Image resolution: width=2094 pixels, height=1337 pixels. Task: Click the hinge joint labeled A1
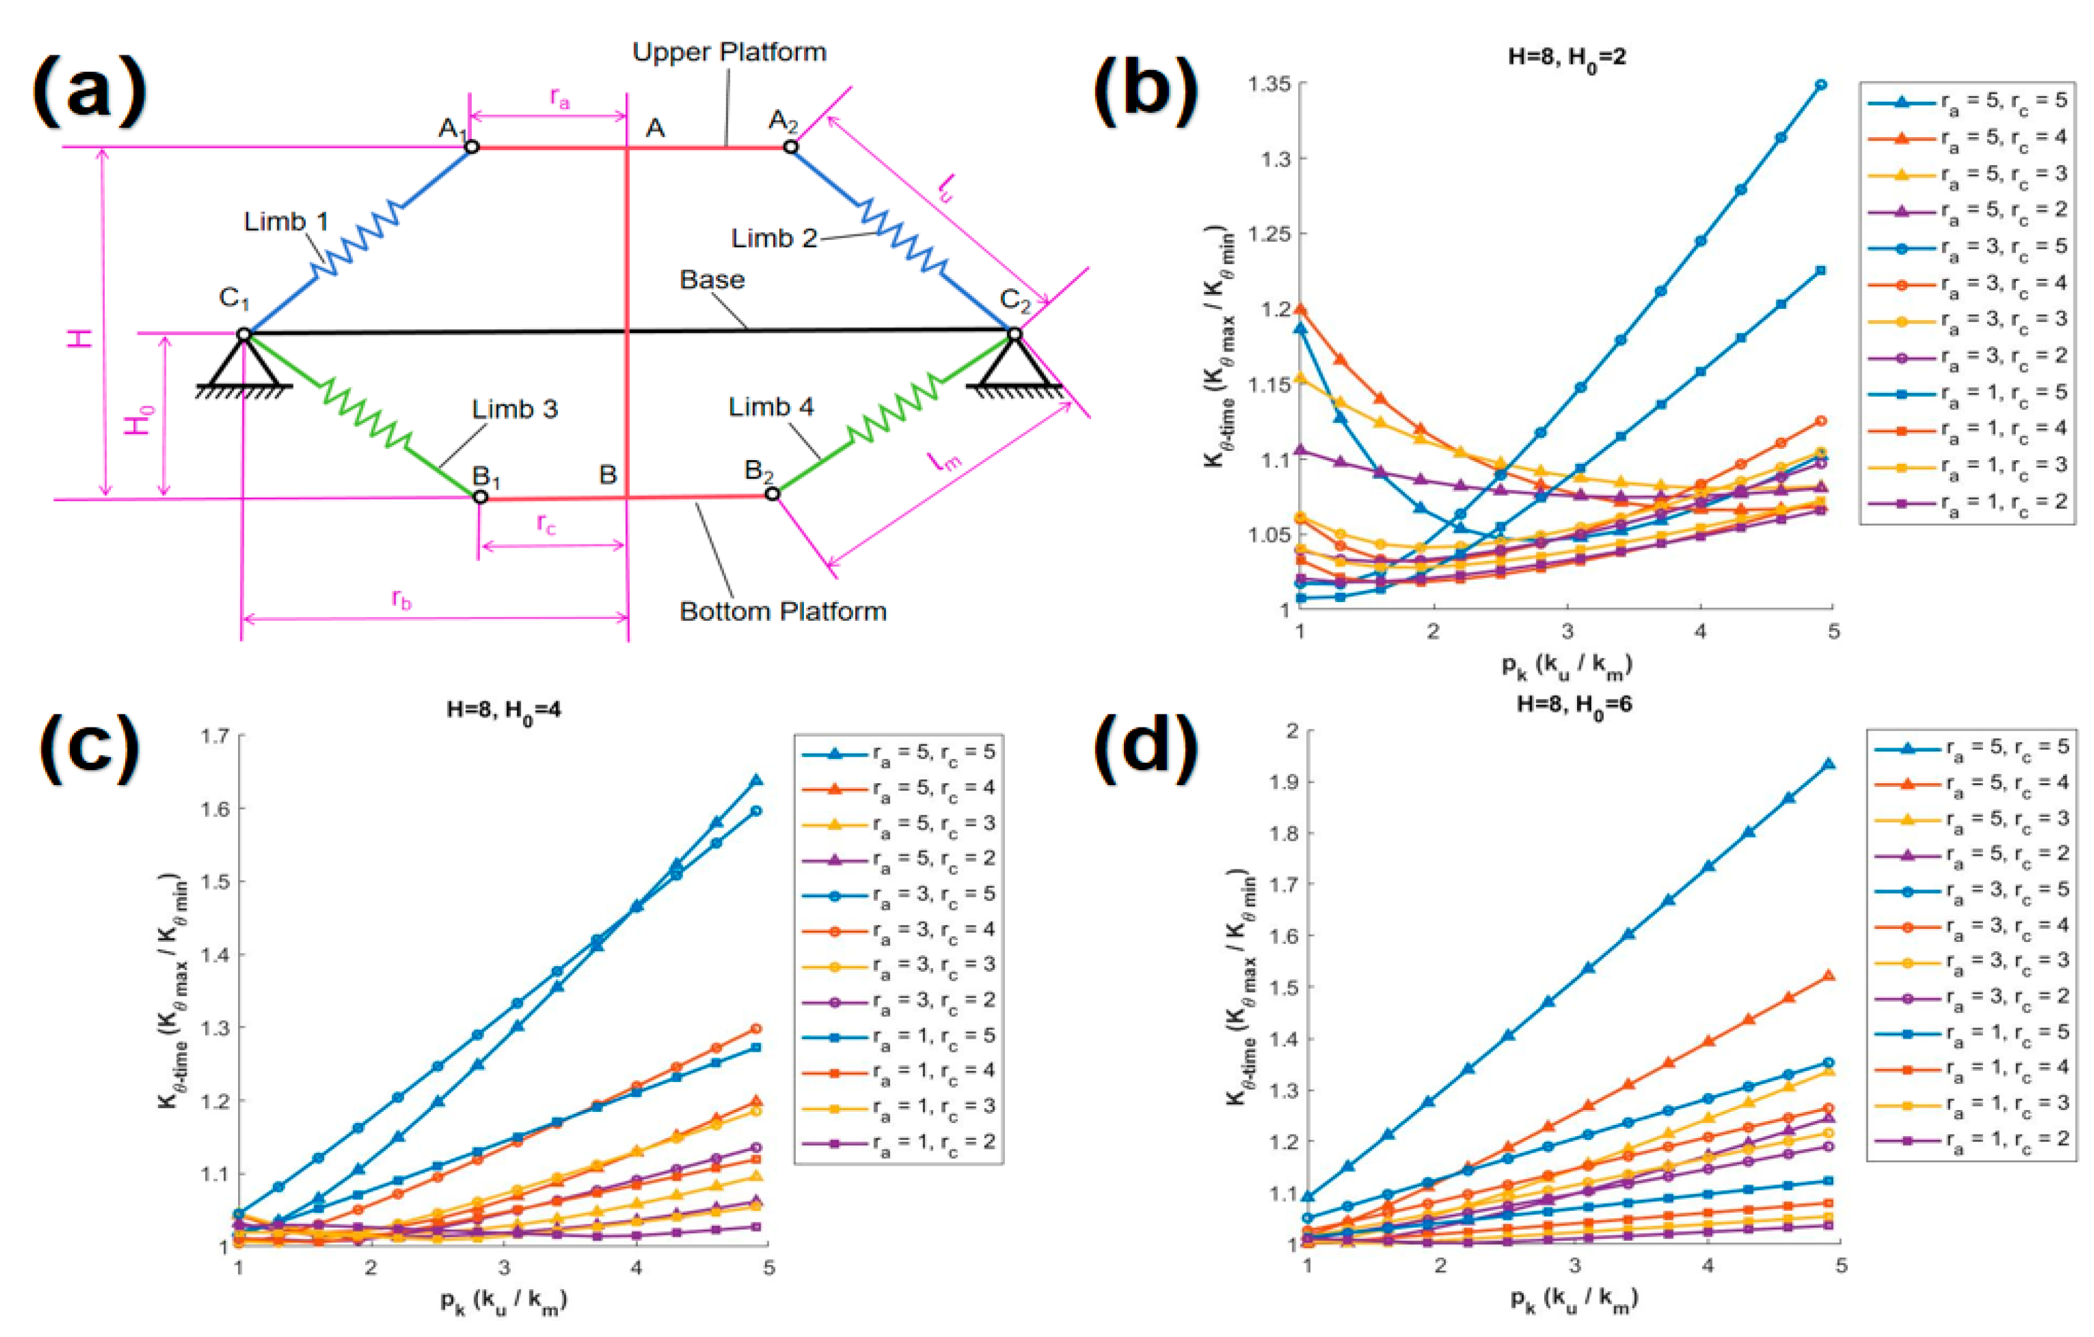click(x=471, y=147)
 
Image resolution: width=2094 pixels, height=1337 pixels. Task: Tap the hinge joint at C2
click(x=1014, y=333)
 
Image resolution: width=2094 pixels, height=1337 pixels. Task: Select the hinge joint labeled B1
click(x=480, y=497)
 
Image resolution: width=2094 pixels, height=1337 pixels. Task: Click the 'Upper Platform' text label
click(x=729, y=52)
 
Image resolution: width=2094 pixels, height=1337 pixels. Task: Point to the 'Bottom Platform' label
click(x=783, y=611)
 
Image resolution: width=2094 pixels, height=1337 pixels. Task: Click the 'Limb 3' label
click(x=515, y=409)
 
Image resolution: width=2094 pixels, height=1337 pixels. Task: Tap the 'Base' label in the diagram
click(x=712, y=280)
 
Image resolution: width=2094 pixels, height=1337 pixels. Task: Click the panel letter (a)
click(x=89, y=91)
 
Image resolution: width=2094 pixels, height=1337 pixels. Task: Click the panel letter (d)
click(x=1146, y=747)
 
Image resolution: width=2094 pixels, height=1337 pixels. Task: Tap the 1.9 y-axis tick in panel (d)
click(x=1285, y=781)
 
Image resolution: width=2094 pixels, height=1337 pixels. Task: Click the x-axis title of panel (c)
click(x=503, y=1301)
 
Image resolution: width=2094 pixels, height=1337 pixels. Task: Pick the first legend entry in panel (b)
click(x=1966, y=101)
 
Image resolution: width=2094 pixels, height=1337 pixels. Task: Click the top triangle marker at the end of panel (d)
click(x=1829, y=764)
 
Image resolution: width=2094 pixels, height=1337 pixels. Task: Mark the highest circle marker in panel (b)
click(x=1821, y=85)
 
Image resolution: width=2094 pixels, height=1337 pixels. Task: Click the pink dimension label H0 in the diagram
click(x=139, y=419)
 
